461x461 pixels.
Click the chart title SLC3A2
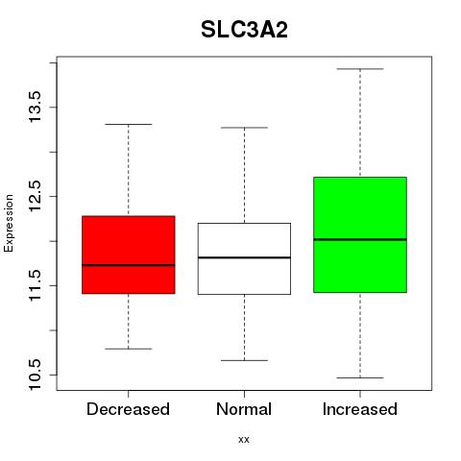click(244, 30)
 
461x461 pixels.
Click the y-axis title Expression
click(9, 223)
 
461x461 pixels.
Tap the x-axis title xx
click(244, 440)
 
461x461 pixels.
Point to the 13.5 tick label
click(35, 107)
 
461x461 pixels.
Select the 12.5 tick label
click(35, 196)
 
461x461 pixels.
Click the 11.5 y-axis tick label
click(35, 285)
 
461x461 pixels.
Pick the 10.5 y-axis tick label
click(35, 375)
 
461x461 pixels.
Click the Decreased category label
click(128, 409)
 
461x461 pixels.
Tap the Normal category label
click(244, 409)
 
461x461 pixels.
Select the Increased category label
click(360, 409)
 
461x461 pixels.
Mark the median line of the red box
click(129, 265)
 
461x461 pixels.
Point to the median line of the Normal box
click(244, 257)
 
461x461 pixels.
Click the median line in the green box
click(360, 239)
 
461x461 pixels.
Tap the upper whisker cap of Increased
click(360, 69)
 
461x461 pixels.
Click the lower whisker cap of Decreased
click(129, 349)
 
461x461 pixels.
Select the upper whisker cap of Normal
click(244, 128)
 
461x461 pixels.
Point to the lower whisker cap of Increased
click(360, 377)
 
